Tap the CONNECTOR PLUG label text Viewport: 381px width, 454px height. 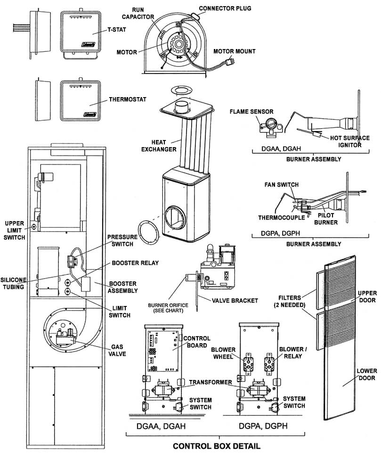click(x=225, y=8)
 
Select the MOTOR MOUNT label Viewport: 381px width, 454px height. click(x=234, y=51)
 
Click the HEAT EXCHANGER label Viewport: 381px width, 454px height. click(x=164, y=146)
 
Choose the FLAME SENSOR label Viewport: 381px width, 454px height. click(x=251, y=112)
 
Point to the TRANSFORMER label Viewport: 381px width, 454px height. click(x=211, y=382)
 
